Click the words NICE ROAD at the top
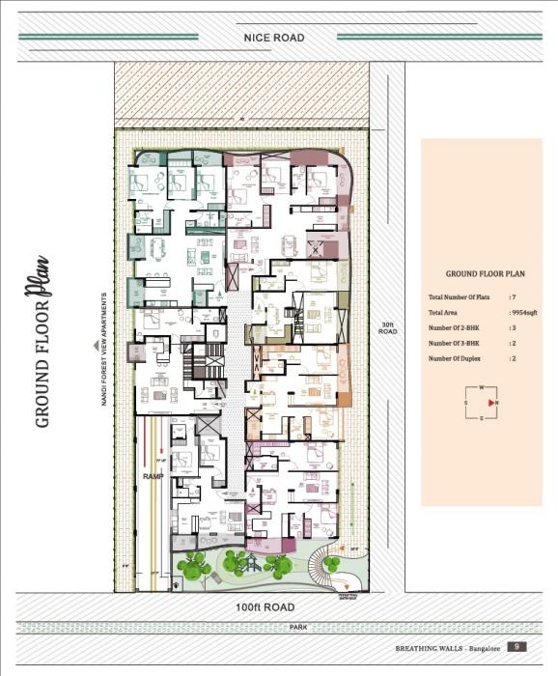275,38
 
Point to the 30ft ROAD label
387,327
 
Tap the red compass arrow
492,402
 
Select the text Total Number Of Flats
460,298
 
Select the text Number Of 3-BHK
456,343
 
